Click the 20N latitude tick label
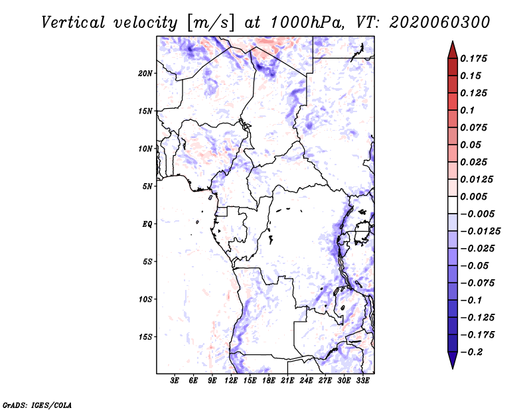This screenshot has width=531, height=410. [x=145, y=73]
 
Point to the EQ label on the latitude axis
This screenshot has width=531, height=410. [x=147, y=224]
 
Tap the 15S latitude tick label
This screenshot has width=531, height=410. [x=145, y=337]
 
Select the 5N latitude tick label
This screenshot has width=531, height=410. [x=147, y=186]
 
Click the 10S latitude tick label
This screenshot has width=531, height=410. [x=145, y=299]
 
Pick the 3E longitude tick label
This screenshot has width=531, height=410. [x=175, y=381]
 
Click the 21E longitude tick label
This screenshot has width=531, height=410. [x=287, y=381]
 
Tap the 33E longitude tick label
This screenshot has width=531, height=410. [x=362, y=381]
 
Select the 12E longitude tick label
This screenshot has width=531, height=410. [x=231, y=381]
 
